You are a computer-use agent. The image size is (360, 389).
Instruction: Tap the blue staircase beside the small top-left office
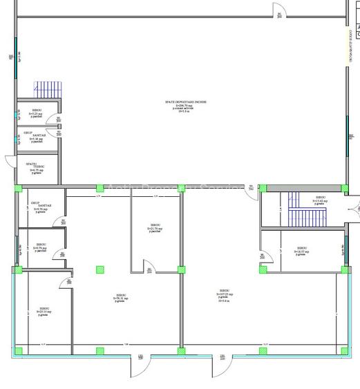pyautogui.click(x=46, y=91)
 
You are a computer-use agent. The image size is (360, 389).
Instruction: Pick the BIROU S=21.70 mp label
pyautogui.click(x=155, y=227)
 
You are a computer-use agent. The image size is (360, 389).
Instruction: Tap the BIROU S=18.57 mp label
pyautogui.click(x=302, y=250)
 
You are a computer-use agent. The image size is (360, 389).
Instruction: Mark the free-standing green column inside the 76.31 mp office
pyautogui.click(x=100, y=269)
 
